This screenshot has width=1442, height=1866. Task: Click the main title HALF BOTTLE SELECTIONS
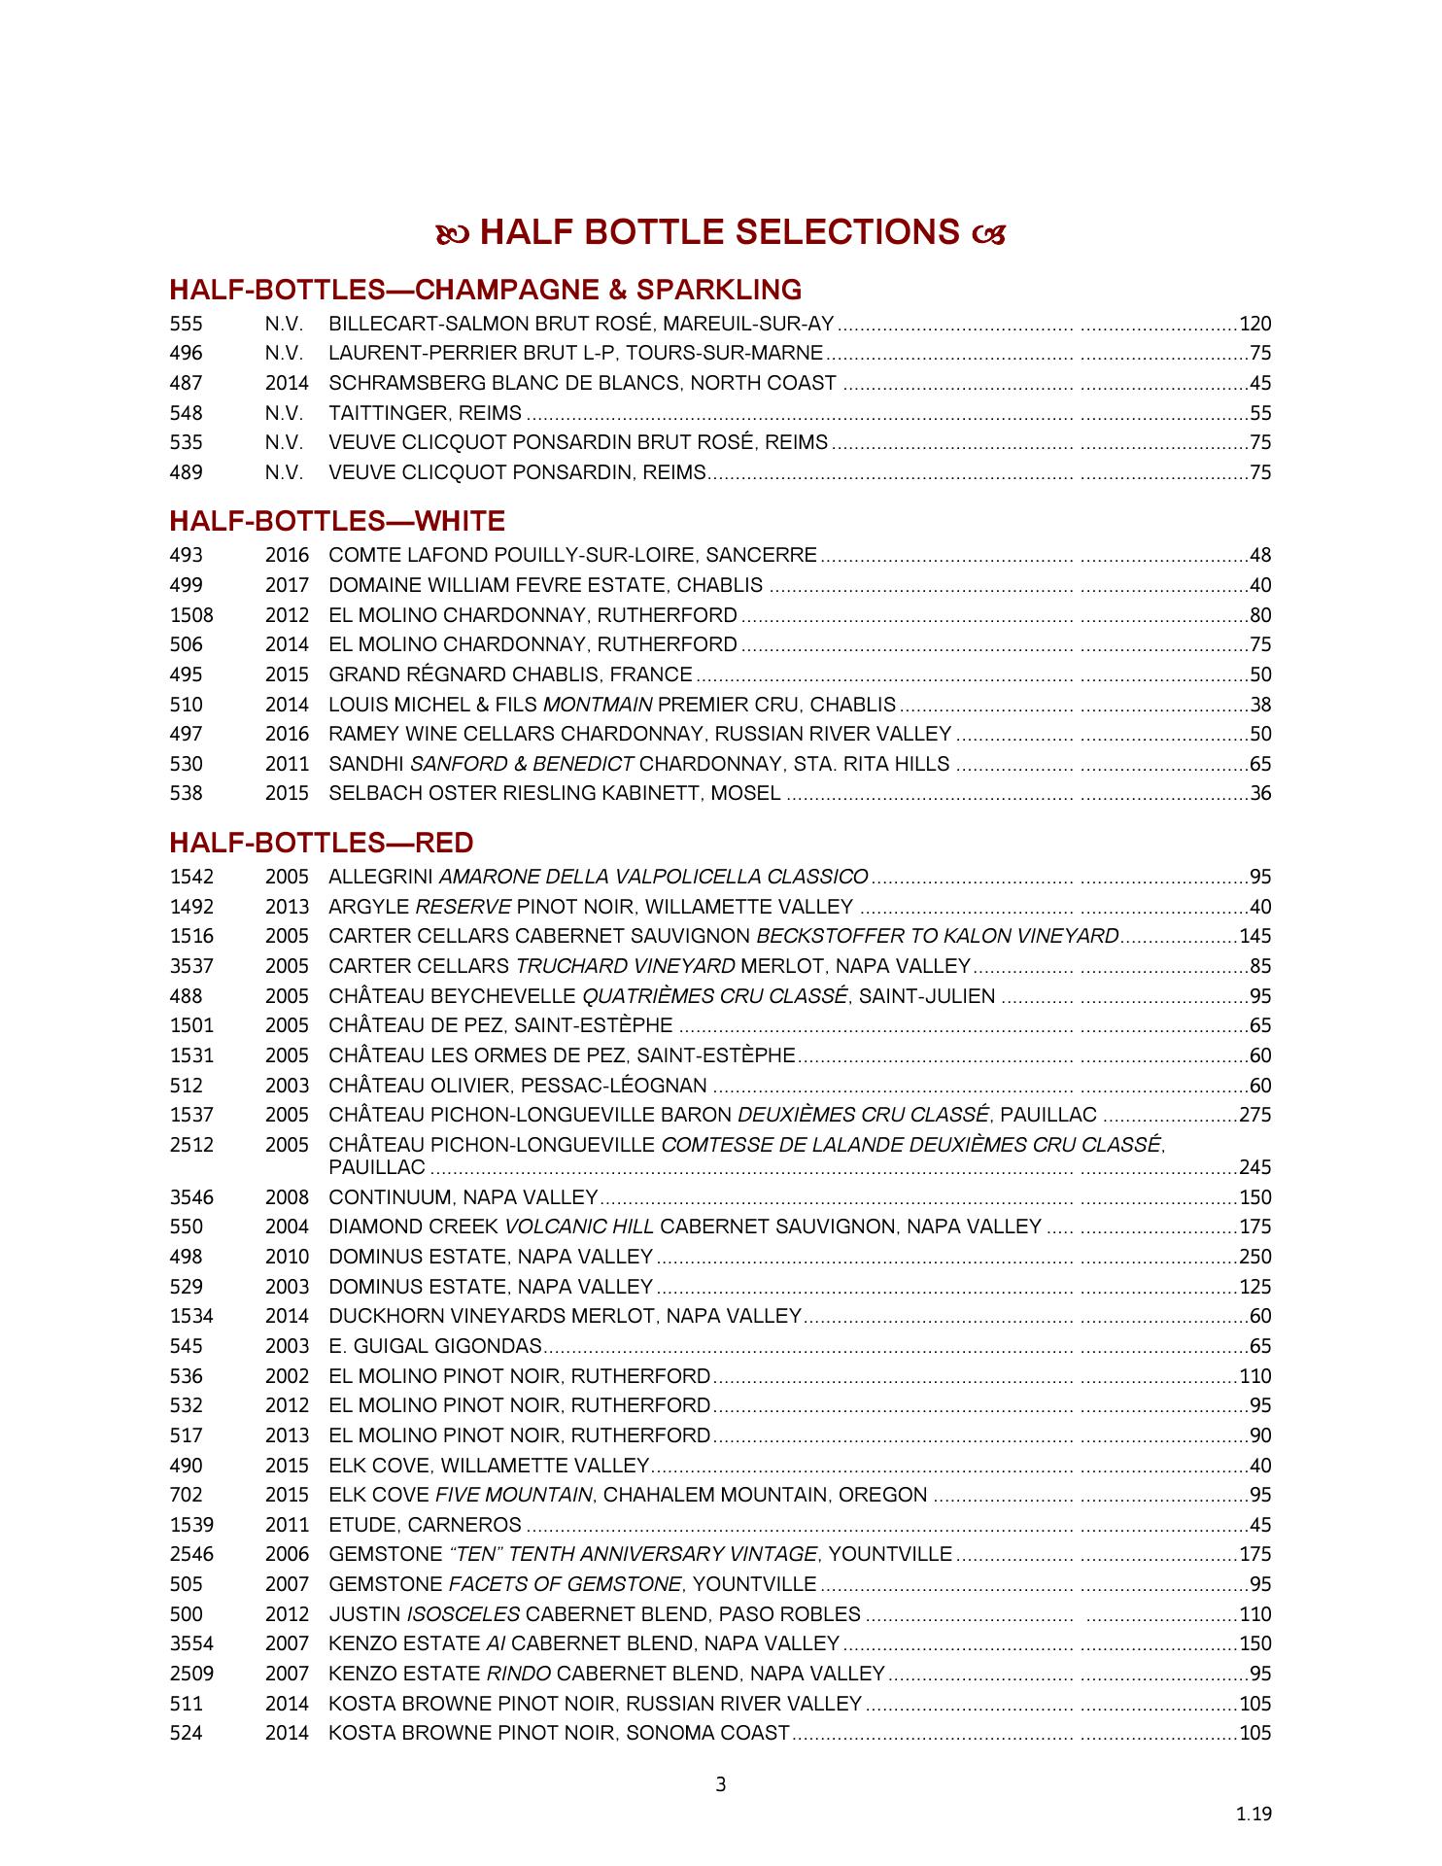click(x=720, y=233)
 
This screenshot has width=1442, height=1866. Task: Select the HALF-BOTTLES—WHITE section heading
click(x=337, y=522)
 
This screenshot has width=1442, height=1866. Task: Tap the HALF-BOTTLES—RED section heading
click(x=322, y=843)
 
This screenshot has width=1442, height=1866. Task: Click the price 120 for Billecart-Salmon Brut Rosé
click(x=1255, y=325)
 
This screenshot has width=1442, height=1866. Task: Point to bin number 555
click(x=187, y=325)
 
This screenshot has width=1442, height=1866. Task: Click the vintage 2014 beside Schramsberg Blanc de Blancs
click(x=287, y=384)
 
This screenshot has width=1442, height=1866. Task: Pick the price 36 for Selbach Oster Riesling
click(x=1260, y=794)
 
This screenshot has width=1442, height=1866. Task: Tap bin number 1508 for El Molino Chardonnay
click(x=191, y=616)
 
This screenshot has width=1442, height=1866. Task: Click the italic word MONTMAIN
click(x=598, y=706)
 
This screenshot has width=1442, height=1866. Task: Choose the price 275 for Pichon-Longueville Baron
click(x=1255, y=1116)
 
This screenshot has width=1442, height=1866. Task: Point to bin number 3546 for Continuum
click(x=191, y=1198)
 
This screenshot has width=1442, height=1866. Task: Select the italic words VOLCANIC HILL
click(x=579, y=1227)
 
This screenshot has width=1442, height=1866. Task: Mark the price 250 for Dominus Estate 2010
click(x=1255, y=1258)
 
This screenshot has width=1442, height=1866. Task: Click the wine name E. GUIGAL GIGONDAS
click(x=435, y=1347)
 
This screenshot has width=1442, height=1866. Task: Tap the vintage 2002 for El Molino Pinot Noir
click(x=287, y=1377)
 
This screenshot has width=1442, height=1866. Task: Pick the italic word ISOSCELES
click(x=463, y=1615)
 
